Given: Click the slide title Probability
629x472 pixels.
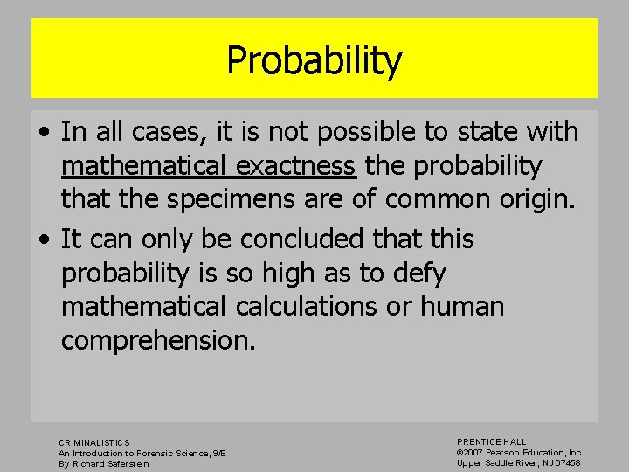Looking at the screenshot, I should point(314,61).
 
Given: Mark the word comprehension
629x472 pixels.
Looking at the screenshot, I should point(158,341).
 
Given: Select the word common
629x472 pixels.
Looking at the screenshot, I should point(430,199).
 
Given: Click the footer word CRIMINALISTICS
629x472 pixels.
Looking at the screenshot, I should point(94,443).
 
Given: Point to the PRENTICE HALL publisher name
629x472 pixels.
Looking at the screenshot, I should point(492,442).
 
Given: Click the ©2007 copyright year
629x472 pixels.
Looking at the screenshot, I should point(472,453).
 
